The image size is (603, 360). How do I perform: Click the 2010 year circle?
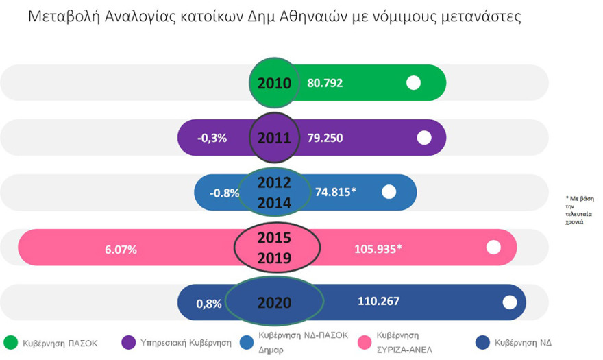pos(274,83)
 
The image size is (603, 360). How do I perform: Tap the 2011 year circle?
pos(274,138)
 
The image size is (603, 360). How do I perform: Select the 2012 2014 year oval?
pos(274,193)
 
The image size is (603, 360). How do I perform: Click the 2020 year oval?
pos(274,302)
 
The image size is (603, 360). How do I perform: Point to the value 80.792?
pos(325,83)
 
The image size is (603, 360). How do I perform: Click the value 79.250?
pos(325,138)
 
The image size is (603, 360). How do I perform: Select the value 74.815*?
pos(336,193)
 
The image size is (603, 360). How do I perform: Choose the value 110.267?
pos(378,301)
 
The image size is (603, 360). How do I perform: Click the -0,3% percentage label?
pos(212,138)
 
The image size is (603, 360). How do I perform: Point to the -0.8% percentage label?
pos(225,193)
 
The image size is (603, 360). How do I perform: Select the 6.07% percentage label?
pos(121,250)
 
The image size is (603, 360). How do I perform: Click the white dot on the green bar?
pos(413,83)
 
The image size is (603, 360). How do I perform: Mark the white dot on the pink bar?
pos(493,248)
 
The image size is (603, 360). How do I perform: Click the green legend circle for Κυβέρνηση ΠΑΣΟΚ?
pos(11,342)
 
